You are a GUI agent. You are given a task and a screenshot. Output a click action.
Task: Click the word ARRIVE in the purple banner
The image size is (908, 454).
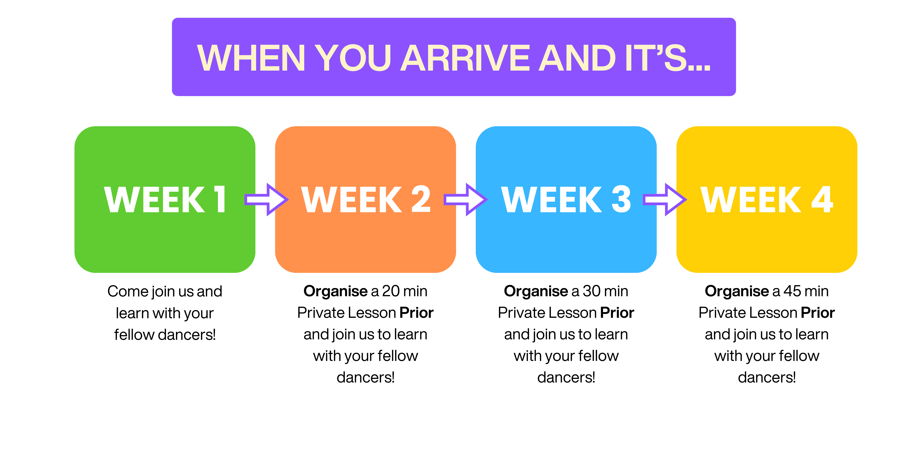click(x=465, y=58)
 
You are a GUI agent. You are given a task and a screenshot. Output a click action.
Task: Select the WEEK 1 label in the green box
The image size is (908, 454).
click(x=165, y=200)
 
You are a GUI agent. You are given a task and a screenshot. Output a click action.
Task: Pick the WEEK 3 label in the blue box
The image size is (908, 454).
click(x=566, y=200)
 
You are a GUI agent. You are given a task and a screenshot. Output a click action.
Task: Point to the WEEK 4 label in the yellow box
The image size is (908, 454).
click(x=767, y=200)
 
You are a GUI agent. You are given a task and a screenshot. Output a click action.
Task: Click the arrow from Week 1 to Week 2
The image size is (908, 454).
click(x=267, y=200)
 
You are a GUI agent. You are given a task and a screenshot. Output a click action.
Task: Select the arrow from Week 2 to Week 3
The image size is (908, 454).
click(x=466, y=200)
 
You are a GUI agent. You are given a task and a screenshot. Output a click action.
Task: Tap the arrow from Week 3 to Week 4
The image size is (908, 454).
click(x=665, y=200)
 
